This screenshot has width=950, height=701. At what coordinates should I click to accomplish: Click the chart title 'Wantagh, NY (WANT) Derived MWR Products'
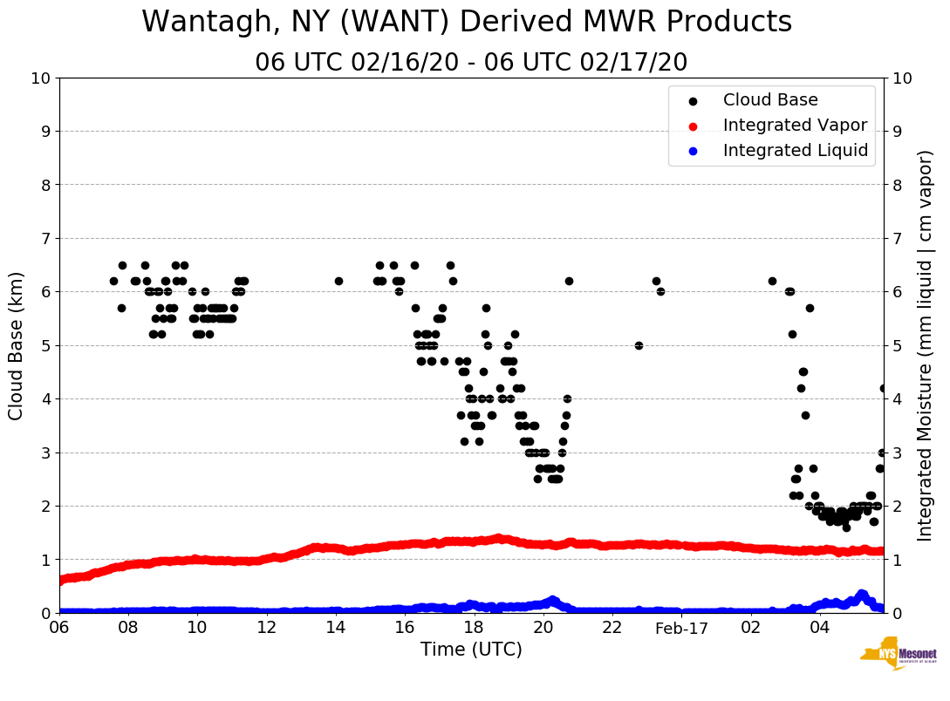(x=467, y=22)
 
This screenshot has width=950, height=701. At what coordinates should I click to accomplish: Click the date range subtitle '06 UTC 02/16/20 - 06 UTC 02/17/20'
(x=471, y=63)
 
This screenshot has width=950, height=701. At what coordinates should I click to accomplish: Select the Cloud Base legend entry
(x=770, y=100)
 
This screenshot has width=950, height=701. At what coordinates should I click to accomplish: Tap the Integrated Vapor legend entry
(x=795, y=126)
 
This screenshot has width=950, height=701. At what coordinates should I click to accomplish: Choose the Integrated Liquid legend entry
(x=796, y=151)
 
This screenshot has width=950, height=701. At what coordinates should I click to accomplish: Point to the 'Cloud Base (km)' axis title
(x=17, y=345)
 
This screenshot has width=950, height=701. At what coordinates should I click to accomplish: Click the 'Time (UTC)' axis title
(x=471, y=650)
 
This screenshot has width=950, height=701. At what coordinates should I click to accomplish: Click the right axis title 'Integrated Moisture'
(x=925, y=345)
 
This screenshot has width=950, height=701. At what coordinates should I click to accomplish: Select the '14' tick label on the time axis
(x=336, y=628)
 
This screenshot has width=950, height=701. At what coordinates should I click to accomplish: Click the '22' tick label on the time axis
(x=612, y=628)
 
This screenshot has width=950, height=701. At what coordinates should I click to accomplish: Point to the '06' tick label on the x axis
(x=59, y=628)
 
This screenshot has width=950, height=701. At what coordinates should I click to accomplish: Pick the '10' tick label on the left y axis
(x=40, y=78)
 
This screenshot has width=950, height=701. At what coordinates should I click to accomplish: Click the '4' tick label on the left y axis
(x=45, y=399)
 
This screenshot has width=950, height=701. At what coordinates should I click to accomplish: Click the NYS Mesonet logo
(x=898, y=658)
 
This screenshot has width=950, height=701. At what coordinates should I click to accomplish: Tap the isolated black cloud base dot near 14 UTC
(x=338, y=281)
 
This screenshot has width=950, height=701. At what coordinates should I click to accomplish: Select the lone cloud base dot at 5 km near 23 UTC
(x=639, y=345)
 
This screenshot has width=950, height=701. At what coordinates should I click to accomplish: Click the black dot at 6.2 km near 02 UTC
(x=772, y=281)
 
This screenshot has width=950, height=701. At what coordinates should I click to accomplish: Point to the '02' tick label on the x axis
(x=751, y=628)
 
